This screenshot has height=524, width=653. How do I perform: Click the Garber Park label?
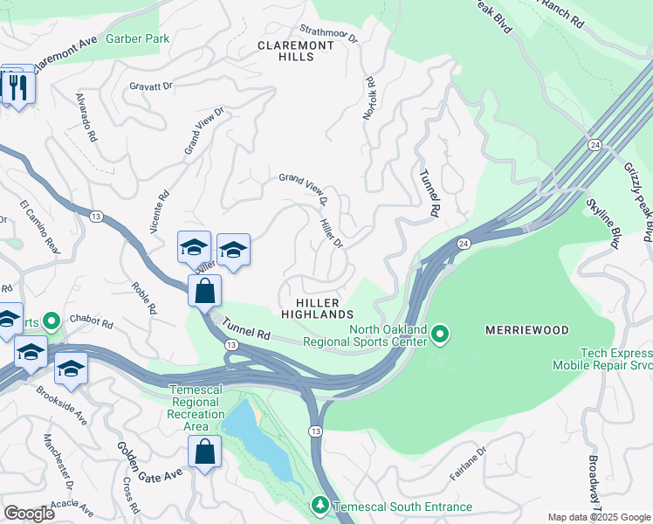pyautogui.click(x=137, y=38)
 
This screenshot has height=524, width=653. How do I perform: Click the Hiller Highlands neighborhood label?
pyautogui.click(x=318, y=307)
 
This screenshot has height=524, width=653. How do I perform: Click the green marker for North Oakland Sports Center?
pyautogui.click(x=441, y=334)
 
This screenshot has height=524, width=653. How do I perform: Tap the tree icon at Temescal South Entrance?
pyautogui.click(x=320, y=506)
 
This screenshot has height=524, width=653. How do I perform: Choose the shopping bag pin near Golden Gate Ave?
pyautogui.click(x=204, y=452)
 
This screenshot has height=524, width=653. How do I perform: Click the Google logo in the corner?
pyautogui.click(x=30, y=513)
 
